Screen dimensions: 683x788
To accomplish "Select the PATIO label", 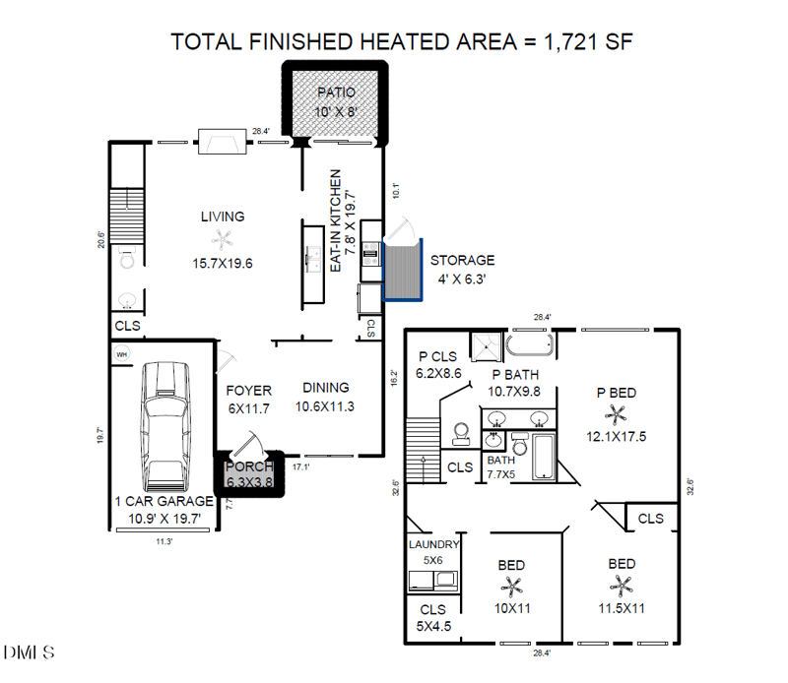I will (x=335, y=93).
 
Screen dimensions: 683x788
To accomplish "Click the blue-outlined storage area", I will (x=401, y=269).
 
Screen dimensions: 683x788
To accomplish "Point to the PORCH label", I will (x=249, y=467).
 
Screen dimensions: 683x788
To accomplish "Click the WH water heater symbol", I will (x=123, y=354).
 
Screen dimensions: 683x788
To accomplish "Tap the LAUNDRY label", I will (x=433, y=544).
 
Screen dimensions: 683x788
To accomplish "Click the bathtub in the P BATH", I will (x=532, y=344).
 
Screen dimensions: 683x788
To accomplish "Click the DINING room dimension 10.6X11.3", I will (x=325, y=405).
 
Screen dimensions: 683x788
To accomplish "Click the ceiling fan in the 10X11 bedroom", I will (x=512, y=588).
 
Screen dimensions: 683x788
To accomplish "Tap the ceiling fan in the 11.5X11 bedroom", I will (x=621, y=588).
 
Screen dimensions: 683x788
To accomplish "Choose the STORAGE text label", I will (x=462, y=260).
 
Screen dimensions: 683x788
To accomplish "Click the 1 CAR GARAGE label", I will (x=164, y=501).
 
